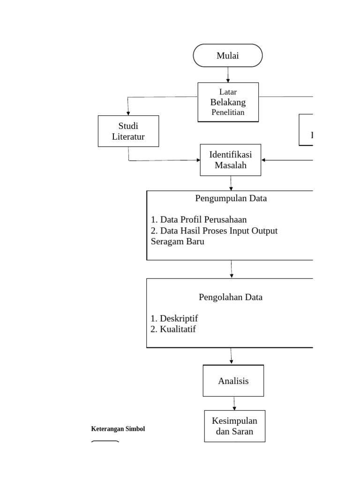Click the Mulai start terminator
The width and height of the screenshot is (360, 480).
tap(227, 56)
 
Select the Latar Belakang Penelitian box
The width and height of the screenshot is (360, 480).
tap(228, 102)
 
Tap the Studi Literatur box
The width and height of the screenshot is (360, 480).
tap(128, 131)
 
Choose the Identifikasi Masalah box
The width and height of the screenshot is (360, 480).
tap(230, 160)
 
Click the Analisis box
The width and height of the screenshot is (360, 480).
tap(233, 381)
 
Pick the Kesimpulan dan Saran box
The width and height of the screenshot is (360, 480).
tap(234, 426)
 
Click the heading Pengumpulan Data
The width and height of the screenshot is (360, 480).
tap(231, 198)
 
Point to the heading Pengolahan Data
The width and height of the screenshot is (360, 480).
tap(230, 297)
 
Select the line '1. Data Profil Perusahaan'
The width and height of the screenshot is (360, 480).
tap(199, 219)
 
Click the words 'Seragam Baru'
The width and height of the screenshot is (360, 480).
tap(177, 242)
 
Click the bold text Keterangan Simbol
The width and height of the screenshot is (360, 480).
tap(118, 429)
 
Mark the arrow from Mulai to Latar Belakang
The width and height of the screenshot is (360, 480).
tap(228, 75)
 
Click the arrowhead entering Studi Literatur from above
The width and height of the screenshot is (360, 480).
tap(128, 113)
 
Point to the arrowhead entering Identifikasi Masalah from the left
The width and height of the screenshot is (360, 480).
tap(197, 160)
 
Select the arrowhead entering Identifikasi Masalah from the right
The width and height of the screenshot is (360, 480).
tap(264, 160)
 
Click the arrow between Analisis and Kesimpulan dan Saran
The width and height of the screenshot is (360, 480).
tap(234, 403)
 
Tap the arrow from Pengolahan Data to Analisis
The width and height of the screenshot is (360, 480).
tap(231, 356)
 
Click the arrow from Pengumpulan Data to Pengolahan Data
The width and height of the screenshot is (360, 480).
tap(232, 269)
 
